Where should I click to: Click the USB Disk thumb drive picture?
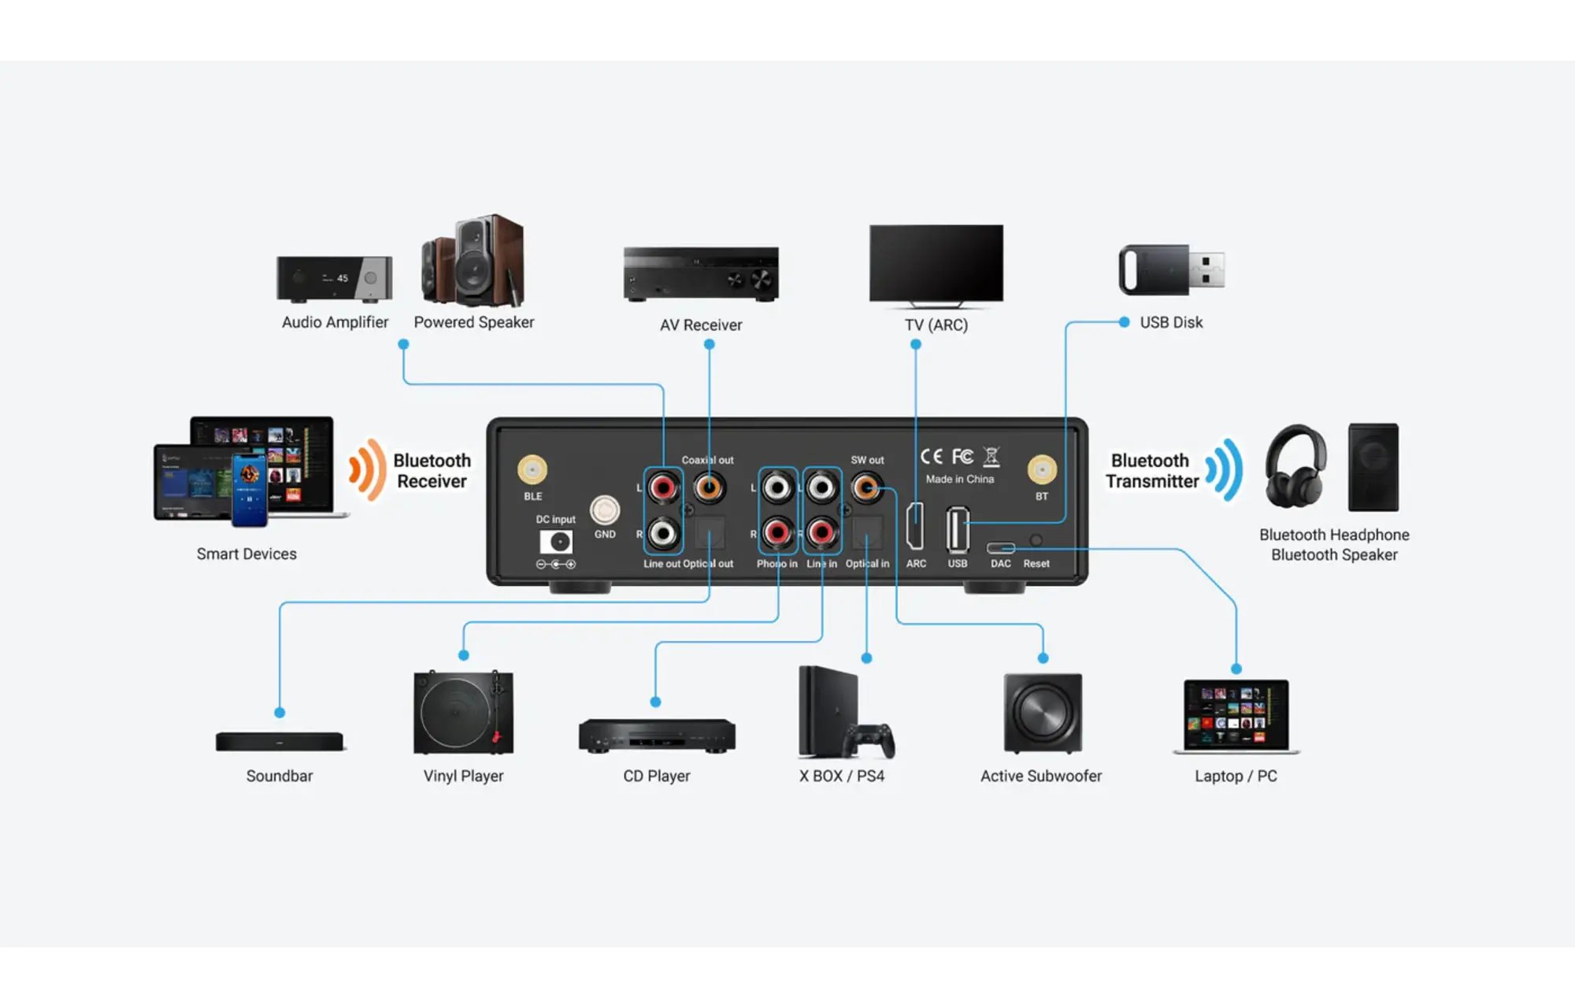(1172, 270)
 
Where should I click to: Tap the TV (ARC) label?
(936, 324)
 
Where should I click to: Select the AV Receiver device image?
(701, 274)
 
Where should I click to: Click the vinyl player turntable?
(463, 712)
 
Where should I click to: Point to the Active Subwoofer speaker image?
(1043, 713)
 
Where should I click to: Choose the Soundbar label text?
(280, 776)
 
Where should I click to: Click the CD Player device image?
(657, 736)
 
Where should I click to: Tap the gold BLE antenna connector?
(532, 470)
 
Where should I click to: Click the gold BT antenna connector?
(1042, 470)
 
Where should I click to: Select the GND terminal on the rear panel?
(605, 510)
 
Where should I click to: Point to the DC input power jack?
(556, 542)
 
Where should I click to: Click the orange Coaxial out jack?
(709, 487)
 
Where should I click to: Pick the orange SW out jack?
(866, 487)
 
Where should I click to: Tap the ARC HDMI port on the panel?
(915, 526)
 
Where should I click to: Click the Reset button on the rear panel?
(1036, 540)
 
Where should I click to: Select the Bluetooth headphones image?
(1295, 466)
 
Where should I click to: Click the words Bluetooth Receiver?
(432, 471)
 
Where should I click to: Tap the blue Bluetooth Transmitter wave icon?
(1225, 470)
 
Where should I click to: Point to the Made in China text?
(960, 479)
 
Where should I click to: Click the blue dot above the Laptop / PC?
(1236, 669)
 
